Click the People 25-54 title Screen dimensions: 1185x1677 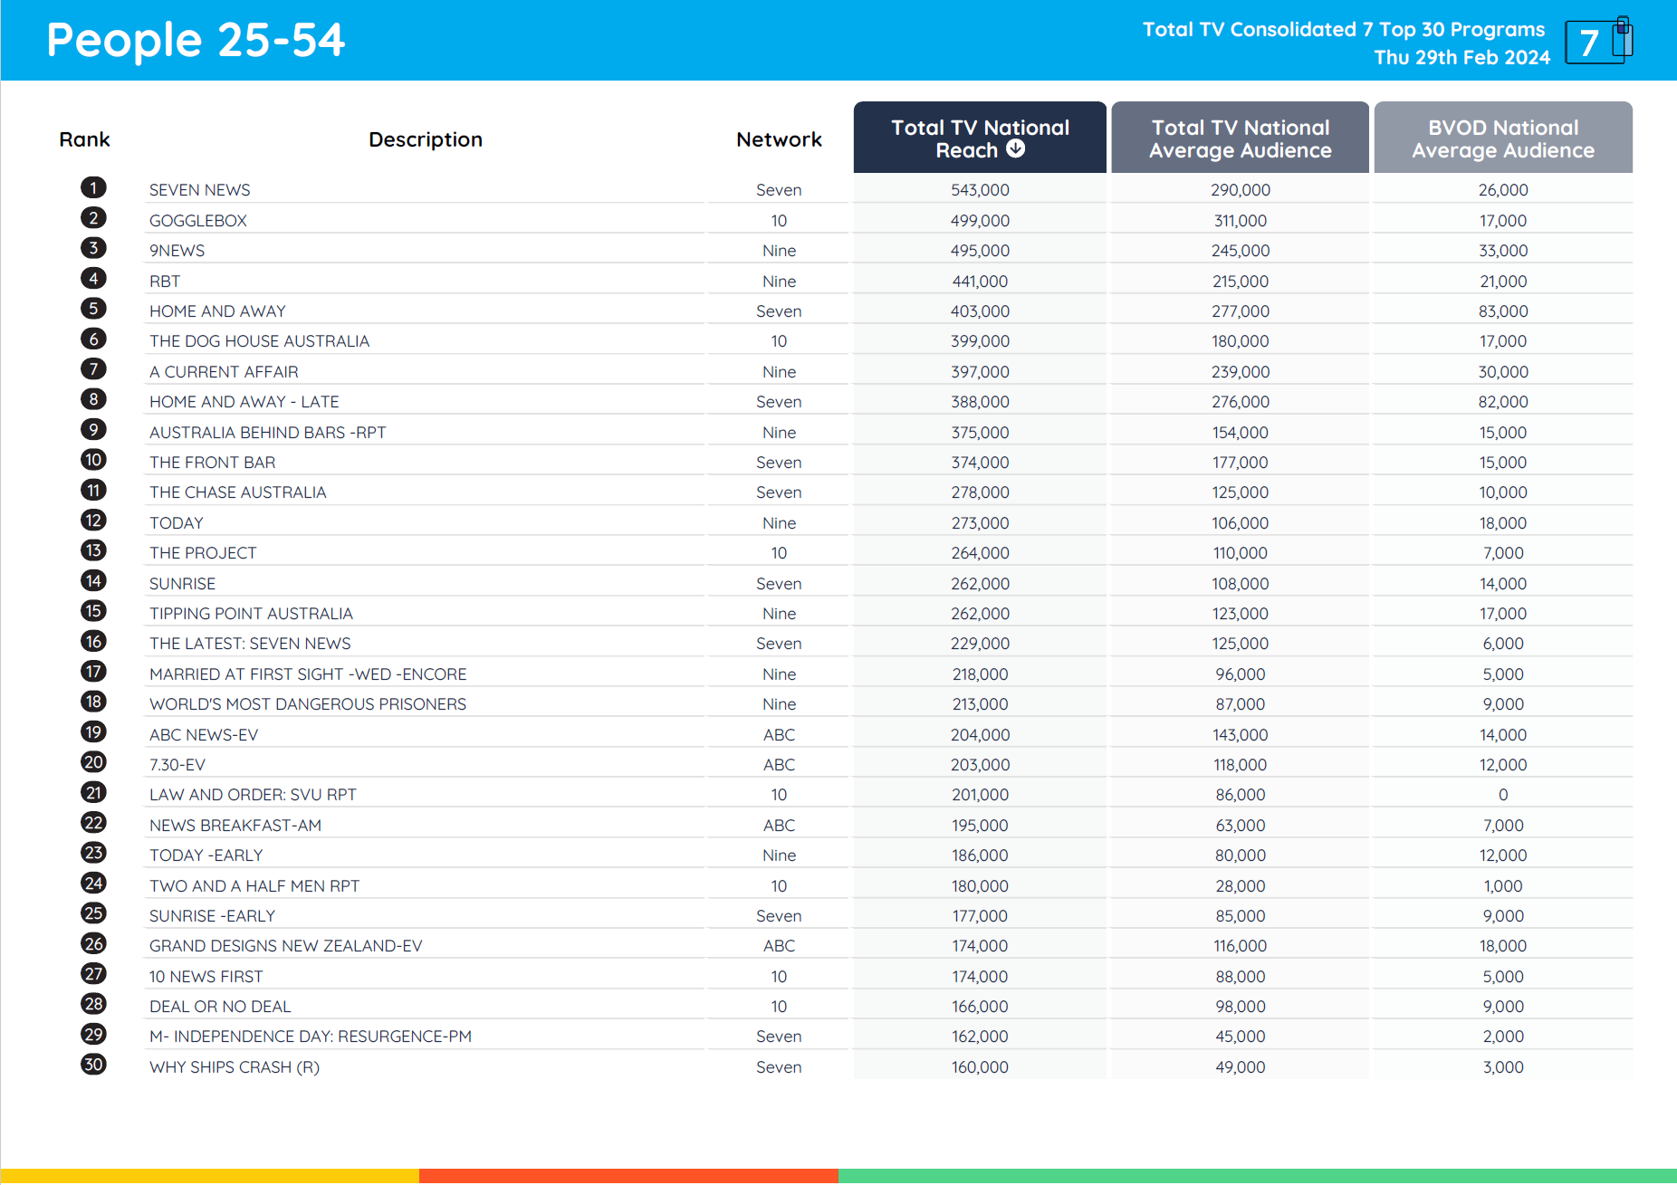pos(196,41)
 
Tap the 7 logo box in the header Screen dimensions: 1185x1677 pos(1597,42)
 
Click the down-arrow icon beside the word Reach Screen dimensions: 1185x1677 pos(1016,149)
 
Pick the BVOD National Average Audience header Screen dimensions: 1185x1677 pos(1502,138)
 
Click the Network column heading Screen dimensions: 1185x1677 pos(779,139)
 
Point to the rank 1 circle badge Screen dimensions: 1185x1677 pos(93,188)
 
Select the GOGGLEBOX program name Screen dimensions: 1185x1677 pos(198,221)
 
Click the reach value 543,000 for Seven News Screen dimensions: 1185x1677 pos(980,190)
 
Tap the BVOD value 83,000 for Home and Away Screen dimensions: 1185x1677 pos(1502,311)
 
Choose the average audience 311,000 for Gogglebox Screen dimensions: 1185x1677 pos(1240,221)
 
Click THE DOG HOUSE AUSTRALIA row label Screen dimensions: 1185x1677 pos(259,341)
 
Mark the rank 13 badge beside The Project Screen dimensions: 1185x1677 pos(93,551)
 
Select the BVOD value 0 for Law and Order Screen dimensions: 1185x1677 pos(1503,795)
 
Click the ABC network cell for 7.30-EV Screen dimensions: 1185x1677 pos(779,765)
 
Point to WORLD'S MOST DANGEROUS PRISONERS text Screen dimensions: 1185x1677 pos(308,704)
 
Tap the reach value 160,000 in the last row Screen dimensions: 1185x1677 pos(980,1067)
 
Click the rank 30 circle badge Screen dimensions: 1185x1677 pos(93,1065)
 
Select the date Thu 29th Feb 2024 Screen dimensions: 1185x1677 pos(1461,58)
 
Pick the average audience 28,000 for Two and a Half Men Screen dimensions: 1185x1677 pos(1240,886)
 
